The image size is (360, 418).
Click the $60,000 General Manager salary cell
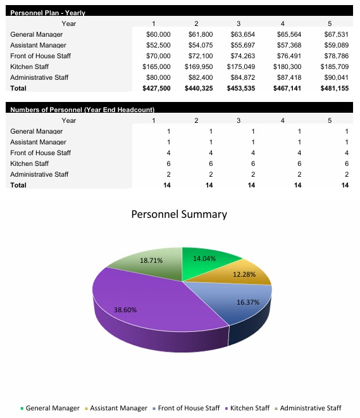[158, 34]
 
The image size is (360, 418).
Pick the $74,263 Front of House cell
[241, 56]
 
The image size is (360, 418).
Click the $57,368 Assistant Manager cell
[288, 45]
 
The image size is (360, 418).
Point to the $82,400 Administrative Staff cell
[199, 77]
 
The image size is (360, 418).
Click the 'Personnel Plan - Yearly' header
[48, 13]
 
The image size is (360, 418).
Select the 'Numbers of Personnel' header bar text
[82, 110]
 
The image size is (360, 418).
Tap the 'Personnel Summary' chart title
[179, 214]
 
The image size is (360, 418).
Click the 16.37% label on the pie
[248, 302]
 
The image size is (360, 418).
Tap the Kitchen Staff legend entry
[249, 408]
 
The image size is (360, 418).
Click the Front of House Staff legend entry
[185, 408]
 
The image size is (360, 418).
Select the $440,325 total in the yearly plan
[199, 89]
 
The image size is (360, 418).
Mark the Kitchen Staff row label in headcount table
[29, 163]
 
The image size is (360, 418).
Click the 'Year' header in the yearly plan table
[69, 23]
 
